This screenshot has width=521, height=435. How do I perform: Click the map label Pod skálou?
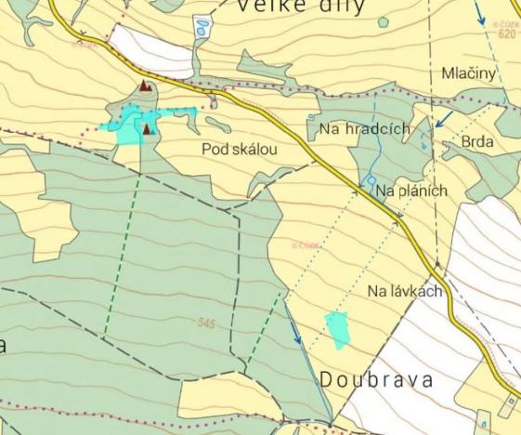click(x=239, y=149)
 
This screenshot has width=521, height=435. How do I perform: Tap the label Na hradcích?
click(x=364, y=129)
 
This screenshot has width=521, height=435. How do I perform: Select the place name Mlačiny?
click(x=469, y=72)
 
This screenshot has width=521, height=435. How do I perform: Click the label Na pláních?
click(x=412, y=191)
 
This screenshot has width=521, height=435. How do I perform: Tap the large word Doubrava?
click(x=378, y=379)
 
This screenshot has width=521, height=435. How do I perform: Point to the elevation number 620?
click(x=505, y=34)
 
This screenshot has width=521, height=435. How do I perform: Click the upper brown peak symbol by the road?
click(x=144, y=86)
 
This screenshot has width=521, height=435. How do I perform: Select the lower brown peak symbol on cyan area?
click(x=148, y=128)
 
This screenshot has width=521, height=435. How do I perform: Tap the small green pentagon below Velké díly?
click(x=384, y=21)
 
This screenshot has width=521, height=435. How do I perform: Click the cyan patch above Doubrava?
click(x=338, y=329)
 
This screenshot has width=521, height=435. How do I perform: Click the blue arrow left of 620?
click(x=479, y=14)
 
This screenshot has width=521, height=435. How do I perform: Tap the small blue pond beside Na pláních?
click(x=370, y=180)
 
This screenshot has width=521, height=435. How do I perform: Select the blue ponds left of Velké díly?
click(x=202, y=27)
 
